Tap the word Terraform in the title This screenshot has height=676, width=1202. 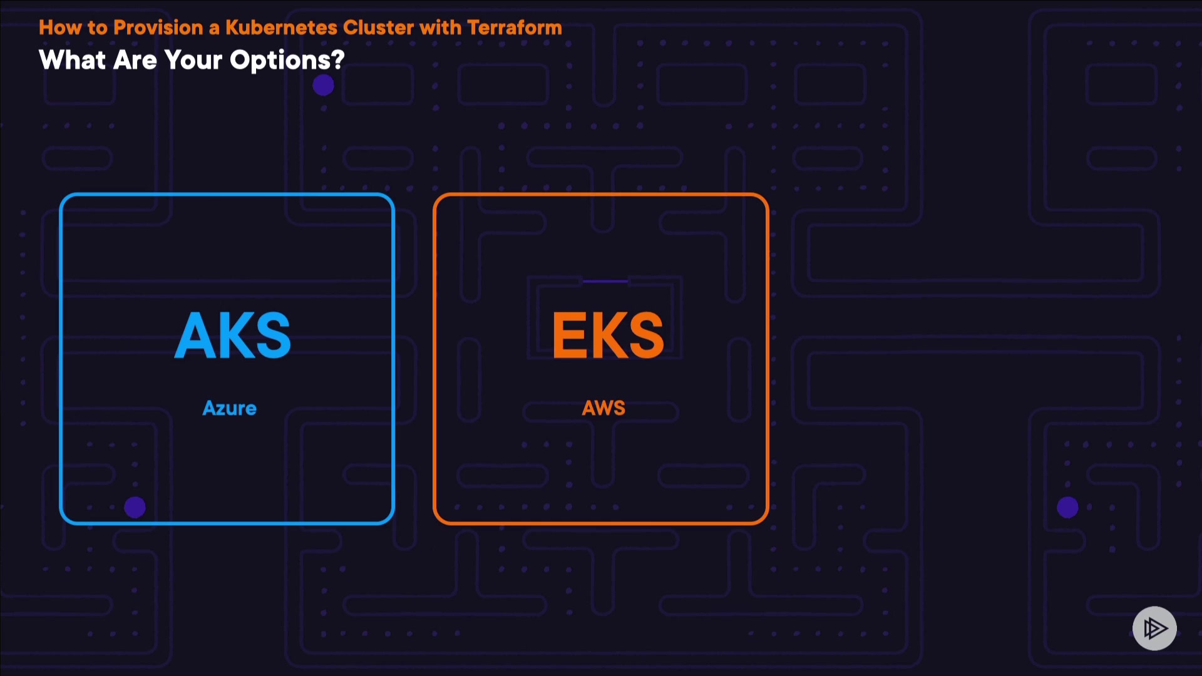coord(514,28)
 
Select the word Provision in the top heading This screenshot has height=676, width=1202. coord(158,28)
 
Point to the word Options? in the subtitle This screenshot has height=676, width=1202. coord(287,61)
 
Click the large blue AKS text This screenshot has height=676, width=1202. coord(232,335)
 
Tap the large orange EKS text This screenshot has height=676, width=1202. coord(607,335)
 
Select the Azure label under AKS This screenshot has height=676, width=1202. coord(229,408)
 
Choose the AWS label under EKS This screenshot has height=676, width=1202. coord(604,408)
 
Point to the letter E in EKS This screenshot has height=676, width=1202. coord(570,335)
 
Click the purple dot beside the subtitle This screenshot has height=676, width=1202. coord(323,85)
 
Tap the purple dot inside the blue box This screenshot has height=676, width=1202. coord(135,507)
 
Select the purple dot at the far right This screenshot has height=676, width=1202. coord(1067,507)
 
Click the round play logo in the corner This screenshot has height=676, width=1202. coord(1154,628)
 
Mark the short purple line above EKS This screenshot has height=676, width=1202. coord(605,281)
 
